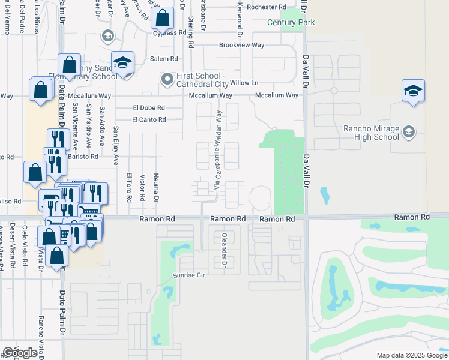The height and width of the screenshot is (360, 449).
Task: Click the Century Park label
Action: pos(292,22)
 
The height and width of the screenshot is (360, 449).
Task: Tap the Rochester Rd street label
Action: pos(263,7)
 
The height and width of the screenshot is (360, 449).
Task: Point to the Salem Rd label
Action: pos(164,59)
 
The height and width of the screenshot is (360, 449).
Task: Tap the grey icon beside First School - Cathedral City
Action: pos(166,79)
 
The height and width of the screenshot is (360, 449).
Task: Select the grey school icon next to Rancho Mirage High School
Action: pos(408,131)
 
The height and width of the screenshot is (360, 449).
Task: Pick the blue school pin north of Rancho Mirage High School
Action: pos(413,91)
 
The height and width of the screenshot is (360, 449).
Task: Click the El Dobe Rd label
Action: pos(149,108)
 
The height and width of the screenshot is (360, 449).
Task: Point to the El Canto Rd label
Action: pos(149,119)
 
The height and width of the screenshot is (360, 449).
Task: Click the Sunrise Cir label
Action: pos(190,274)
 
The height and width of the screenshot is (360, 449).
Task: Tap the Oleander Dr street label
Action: pos(223,250)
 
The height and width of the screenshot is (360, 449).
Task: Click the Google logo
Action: pos(20,353)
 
